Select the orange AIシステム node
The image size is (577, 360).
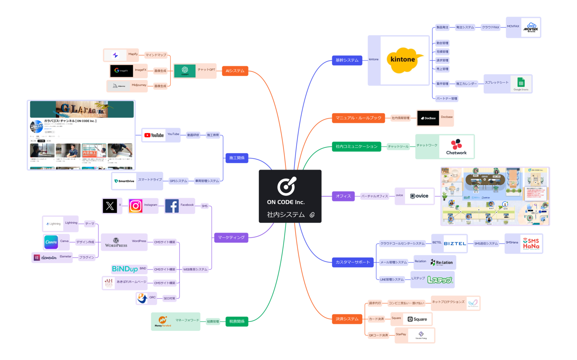click(235, 71)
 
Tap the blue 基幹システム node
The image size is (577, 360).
click(347, 60)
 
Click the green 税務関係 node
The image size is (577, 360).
click(237, 322)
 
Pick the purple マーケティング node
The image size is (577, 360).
click(231, 237)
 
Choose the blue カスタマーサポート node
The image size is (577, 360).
click(353, 262)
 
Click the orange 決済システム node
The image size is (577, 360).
click(347, 319)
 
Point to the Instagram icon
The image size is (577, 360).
click(136, 206)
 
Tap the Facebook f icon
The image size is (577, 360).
click(172, 206)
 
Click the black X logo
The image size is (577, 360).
click(110, 206)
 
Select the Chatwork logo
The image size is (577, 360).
click(456, 147)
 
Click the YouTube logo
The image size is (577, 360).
click(154, 136)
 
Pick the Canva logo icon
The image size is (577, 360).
click(51, 242)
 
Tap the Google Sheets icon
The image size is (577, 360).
click(521, 83)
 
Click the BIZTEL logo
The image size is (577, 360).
click(455, 244)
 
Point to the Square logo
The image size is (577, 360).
click(417, 319)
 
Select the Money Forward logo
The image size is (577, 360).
click(163, 321)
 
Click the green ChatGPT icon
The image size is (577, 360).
click(185, 71)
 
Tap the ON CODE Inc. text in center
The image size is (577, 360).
click(286, 202)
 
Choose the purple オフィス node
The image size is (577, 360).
click(343, 196)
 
